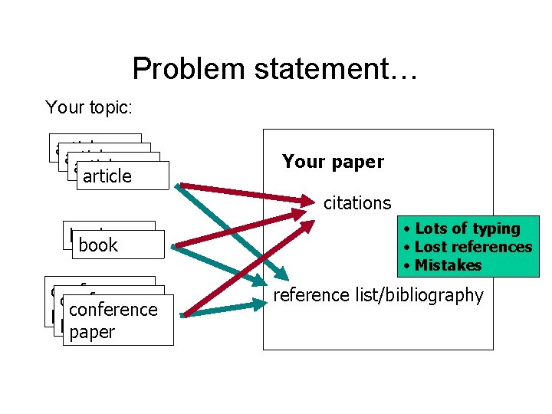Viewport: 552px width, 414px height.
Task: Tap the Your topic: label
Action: [x=89, y=107]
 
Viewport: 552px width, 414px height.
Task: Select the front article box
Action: [x=122, y=175]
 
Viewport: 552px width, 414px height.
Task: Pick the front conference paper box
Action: [x=118, y=320]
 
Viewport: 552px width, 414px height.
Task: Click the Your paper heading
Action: [x=333, y=162]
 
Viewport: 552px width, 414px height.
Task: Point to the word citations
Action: [x=357, y=203]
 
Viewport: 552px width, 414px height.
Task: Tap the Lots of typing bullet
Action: [x=463, y=228]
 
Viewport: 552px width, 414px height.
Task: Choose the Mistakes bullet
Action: [x=443, y=265]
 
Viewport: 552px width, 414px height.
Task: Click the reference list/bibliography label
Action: [x=379, y=295]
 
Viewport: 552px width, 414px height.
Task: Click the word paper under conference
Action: [x=91, y=333]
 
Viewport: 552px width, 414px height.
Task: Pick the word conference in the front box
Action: [x=113, y=310]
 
